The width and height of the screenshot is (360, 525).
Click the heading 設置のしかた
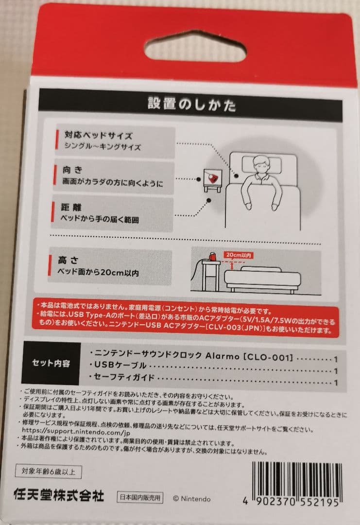192,105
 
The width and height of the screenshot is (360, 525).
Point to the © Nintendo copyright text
192,498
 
